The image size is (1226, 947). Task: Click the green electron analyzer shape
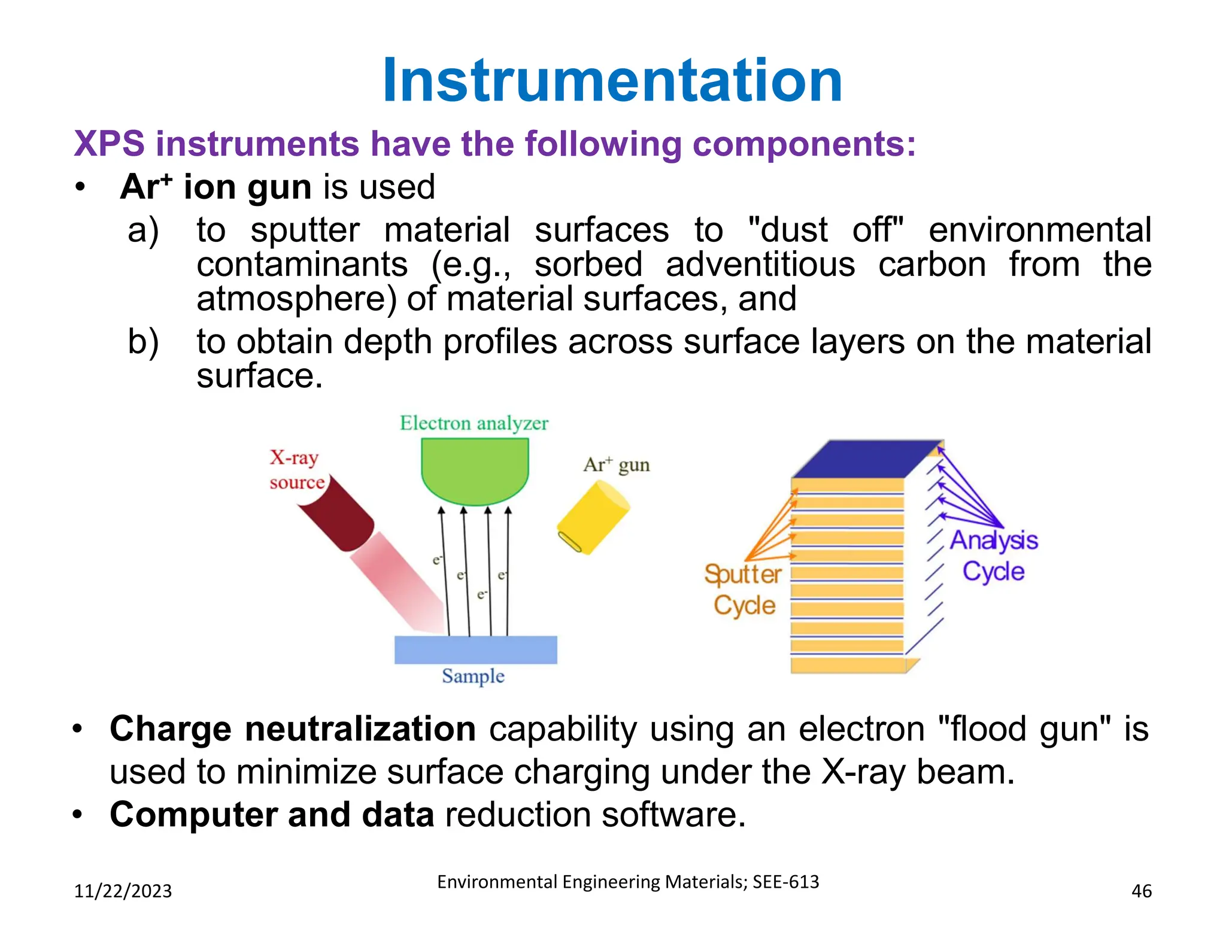tap(475, 469)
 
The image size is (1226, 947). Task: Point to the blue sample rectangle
tap(475, 649)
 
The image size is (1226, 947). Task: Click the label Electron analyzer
tap(474, 423)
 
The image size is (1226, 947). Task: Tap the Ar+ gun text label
tap(616, 465)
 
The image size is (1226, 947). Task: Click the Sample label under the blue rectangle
tap(473, 676)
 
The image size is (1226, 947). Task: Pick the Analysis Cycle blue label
tap(994, 556)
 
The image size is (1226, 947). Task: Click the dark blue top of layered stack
tap(866, 460)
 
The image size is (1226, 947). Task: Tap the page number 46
tap(1141, 891)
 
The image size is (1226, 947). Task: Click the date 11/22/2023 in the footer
tap(123, 891)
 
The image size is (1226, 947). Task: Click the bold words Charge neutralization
tap(293, 729)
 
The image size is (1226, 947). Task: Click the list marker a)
tap(143, 230)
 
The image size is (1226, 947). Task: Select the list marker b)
tap(143, 342)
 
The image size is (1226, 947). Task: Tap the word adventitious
tap(760, 265)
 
